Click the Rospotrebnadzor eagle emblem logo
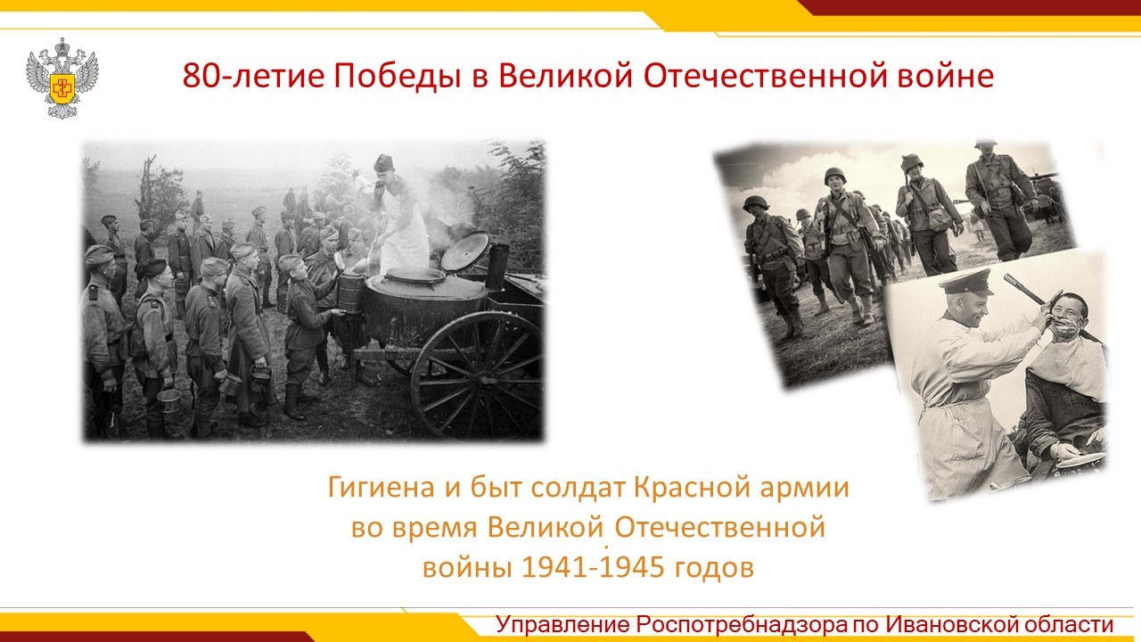(x=62, y=78)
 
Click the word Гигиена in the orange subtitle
(x=381, y=487)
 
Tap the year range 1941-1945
(x=594, y=567)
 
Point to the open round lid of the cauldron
(x=465, y=251)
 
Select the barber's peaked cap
(x=965, y=284)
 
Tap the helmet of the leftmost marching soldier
(x=755, y=203)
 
